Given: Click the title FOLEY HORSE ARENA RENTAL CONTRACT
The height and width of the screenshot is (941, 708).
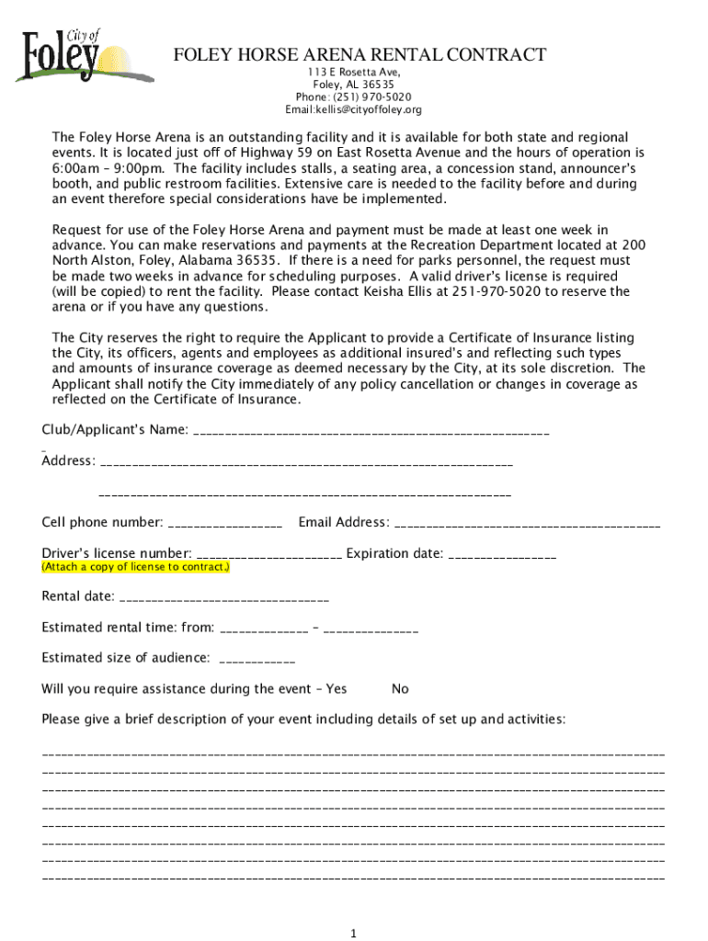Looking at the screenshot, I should pos(360,56).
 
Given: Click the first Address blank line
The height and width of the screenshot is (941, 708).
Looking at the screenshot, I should pos(305,461).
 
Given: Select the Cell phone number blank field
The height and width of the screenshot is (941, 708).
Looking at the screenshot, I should pos(225,524).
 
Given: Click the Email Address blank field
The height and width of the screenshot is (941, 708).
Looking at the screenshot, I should pos(526,524).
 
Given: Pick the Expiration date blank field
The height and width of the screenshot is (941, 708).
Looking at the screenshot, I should pos(503,554).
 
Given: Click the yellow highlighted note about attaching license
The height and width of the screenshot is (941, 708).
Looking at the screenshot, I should pos(135,568).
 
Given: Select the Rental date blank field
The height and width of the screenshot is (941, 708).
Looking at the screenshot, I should pos(223,597).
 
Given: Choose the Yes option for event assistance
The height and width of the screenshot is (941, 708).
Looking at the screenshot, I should pos(337,689).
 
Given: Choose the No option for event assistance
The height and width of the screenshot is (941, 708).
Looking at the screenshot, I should pos(400,689).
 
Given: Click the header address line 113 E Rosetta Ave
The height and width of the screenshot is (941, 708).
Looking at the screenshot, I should pos(354,72).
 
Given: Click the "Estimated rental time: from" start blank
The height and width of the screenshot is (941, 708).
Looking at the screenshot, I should pos(265,629).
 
